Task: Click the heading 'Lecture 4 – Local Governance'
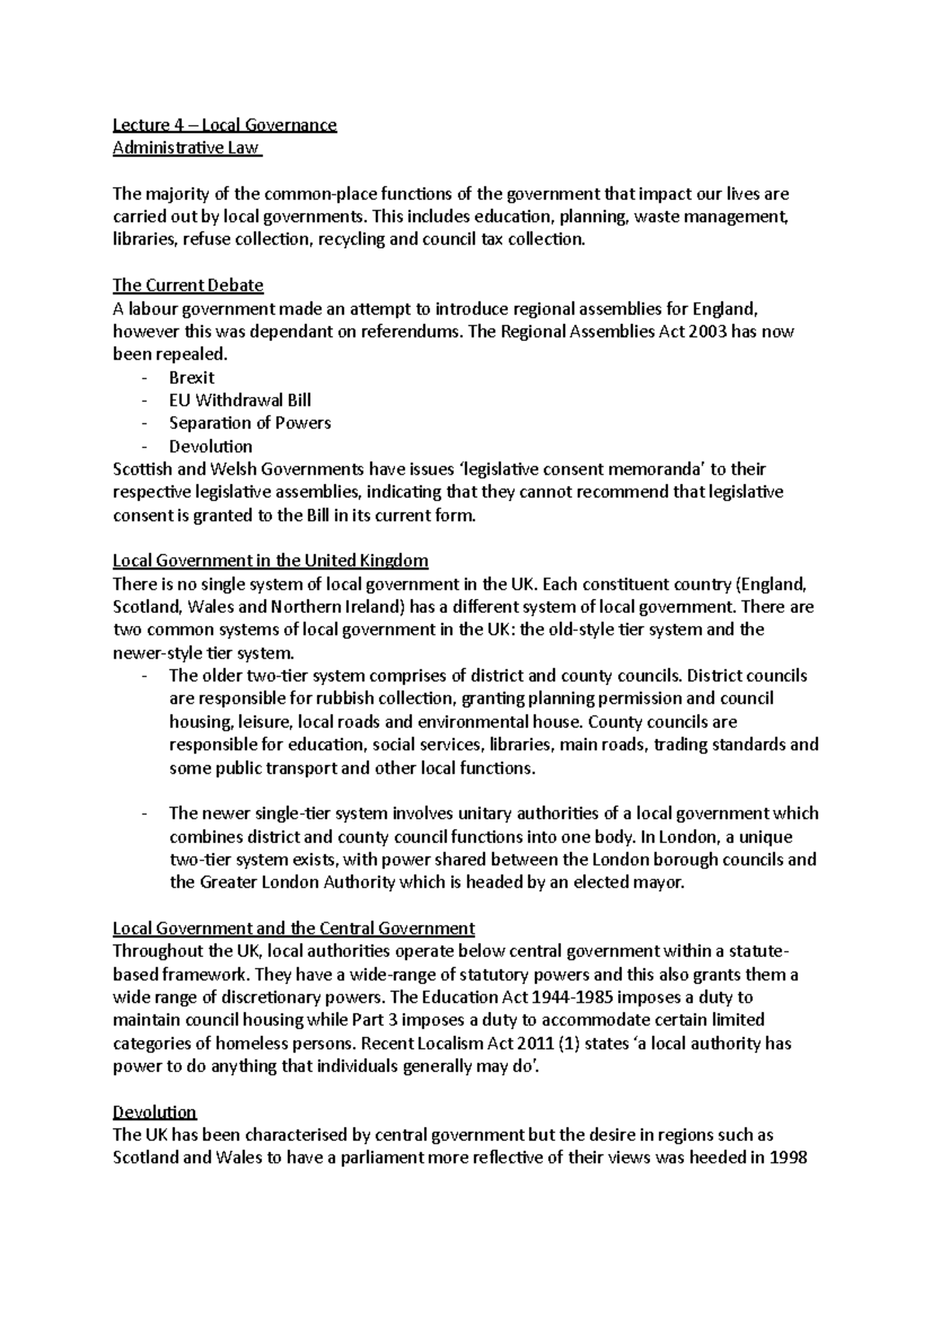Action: [x=224, y=125]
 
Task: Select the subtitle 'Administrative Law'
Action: [x=186, y=148]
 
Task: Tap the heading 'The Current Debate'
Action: [x=188, y=285]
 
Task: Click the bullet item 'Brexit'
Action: [x=192, y=378]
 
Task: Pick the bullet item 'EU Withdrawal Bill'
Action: [x=240, y=400]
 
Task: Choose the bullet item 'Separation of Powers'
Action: [x=250, y=423]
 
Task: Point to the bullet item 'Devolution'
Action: [x=210, y=447]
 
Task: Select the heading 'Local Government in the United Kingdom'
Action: [x=270, y=561]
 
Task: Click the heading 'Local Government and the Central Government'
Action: [x=294, y=928]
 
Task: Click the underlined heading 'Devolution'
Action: [x=155, y=1112]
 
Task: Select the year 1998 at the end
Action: [x=787, y=1158]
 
